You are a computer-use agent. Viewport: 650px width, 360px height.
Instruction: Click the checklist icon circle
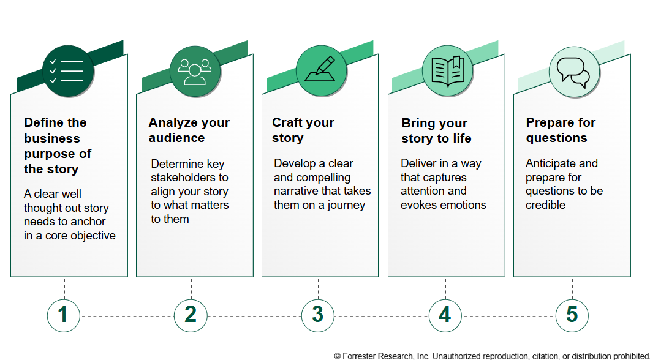tap(67, 71)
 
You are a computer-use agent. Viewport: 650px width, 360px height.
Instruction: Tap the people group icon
tap(195, 71)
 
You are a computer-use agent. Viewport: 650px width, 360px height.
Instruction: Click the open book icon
tap(448, 71)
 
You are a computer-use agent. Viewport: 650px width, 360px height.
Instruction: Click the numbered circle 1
tap(64, 316)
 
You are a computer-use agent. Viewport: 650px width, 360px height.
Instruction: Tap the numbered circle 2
tap(191, 316)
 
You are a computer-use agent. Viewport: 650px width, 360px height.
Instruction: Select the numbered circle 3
tap(318, 316)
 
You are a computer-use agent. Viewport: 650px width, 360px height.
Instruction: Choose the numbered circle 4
tap(445, 316)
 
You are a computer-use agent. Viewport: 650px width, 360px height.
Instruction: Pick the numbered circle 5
tap(572, 316)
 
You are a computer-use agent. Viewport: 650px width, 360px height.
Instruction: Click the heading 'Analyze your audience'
tap(189, 130)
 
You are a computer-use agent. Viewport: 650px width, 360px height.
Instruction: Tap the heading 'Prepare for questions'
tap(561, 130)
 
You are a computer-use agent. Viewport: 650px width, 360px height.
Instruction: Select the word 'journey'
tap(346, 206)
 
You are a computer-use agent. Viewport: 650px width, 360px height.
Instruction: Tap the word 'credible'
tap(545, 205)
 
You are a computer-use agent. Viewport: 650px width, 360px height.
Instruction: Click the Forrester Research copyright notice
tap(492, 356)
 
